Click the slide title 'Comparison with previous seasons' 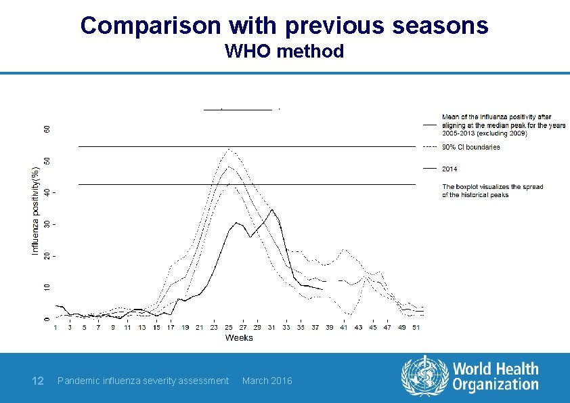tap(284, 25)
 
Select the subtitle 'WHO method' tap(284, 51)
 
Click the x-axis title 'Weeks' tap(239, 337)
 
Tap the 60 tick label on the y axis tap(46, 129)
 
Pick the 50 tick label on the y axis tap(46, 161)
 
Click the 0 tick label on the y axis tap(46, 319)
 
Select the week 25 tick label tap(228, 328)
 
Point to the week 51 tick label tap(416, 328)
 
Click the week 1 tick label tap(56, 328)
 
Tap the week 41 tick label tap(344, 328)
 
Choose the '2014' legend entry tap(450, 168)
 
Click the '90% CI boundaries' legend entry tap(470, 147)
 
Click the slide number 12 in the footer tap(38, 381)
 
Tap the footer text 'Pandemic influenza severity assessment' tap(144, 381)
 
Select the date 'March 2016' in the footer tap(267, 381)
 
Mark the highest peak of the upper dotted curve tap(229, 149)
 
